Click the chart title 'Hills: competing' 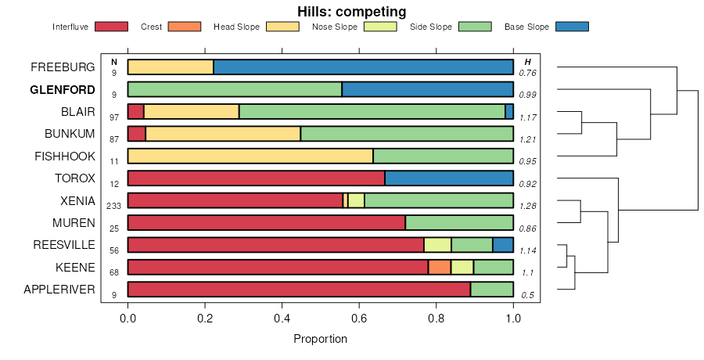pos(351,12)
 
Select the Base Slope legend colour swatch pos(571,27)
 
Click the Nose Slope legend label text pos(334,27)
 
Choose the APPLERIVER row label pos(59,290)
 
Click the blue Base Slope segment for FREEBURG pos(363,67)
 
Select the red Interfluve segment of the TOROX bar pos(256,178)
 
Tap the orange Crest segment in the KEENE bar pos(440,267)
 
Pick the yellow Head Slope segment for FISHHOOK pos(250,156)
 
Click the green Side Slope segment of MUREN pos(459,222)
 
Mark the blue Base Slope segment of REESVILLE pos(503,245)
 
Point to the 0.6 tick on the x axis pos(359,308)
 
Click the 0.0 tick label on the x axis pos(128,319)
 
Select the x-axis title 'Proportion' pos(320,339)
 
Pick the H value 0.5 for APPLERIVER pos(528,295)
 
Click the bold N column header pos(114,62)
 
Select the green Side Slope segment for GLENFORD pos(234,89)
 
